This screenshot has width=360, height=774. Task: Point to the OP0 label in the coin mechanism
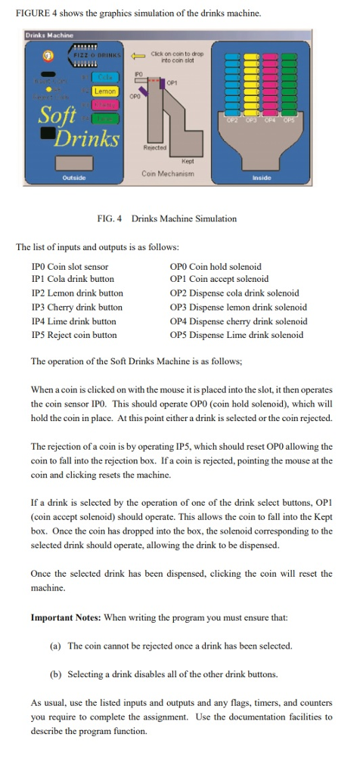(x=135, y=98)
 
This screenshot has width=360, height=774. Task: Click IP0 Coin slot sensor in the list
(x=70, y=267)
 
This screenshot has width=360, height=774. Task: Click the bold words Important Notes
(x=66, y=618)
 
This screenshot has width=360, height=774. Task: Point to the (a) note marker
(x=55, y=646)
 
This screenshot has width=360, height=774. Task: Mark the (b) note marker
(x=55, y=673)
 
